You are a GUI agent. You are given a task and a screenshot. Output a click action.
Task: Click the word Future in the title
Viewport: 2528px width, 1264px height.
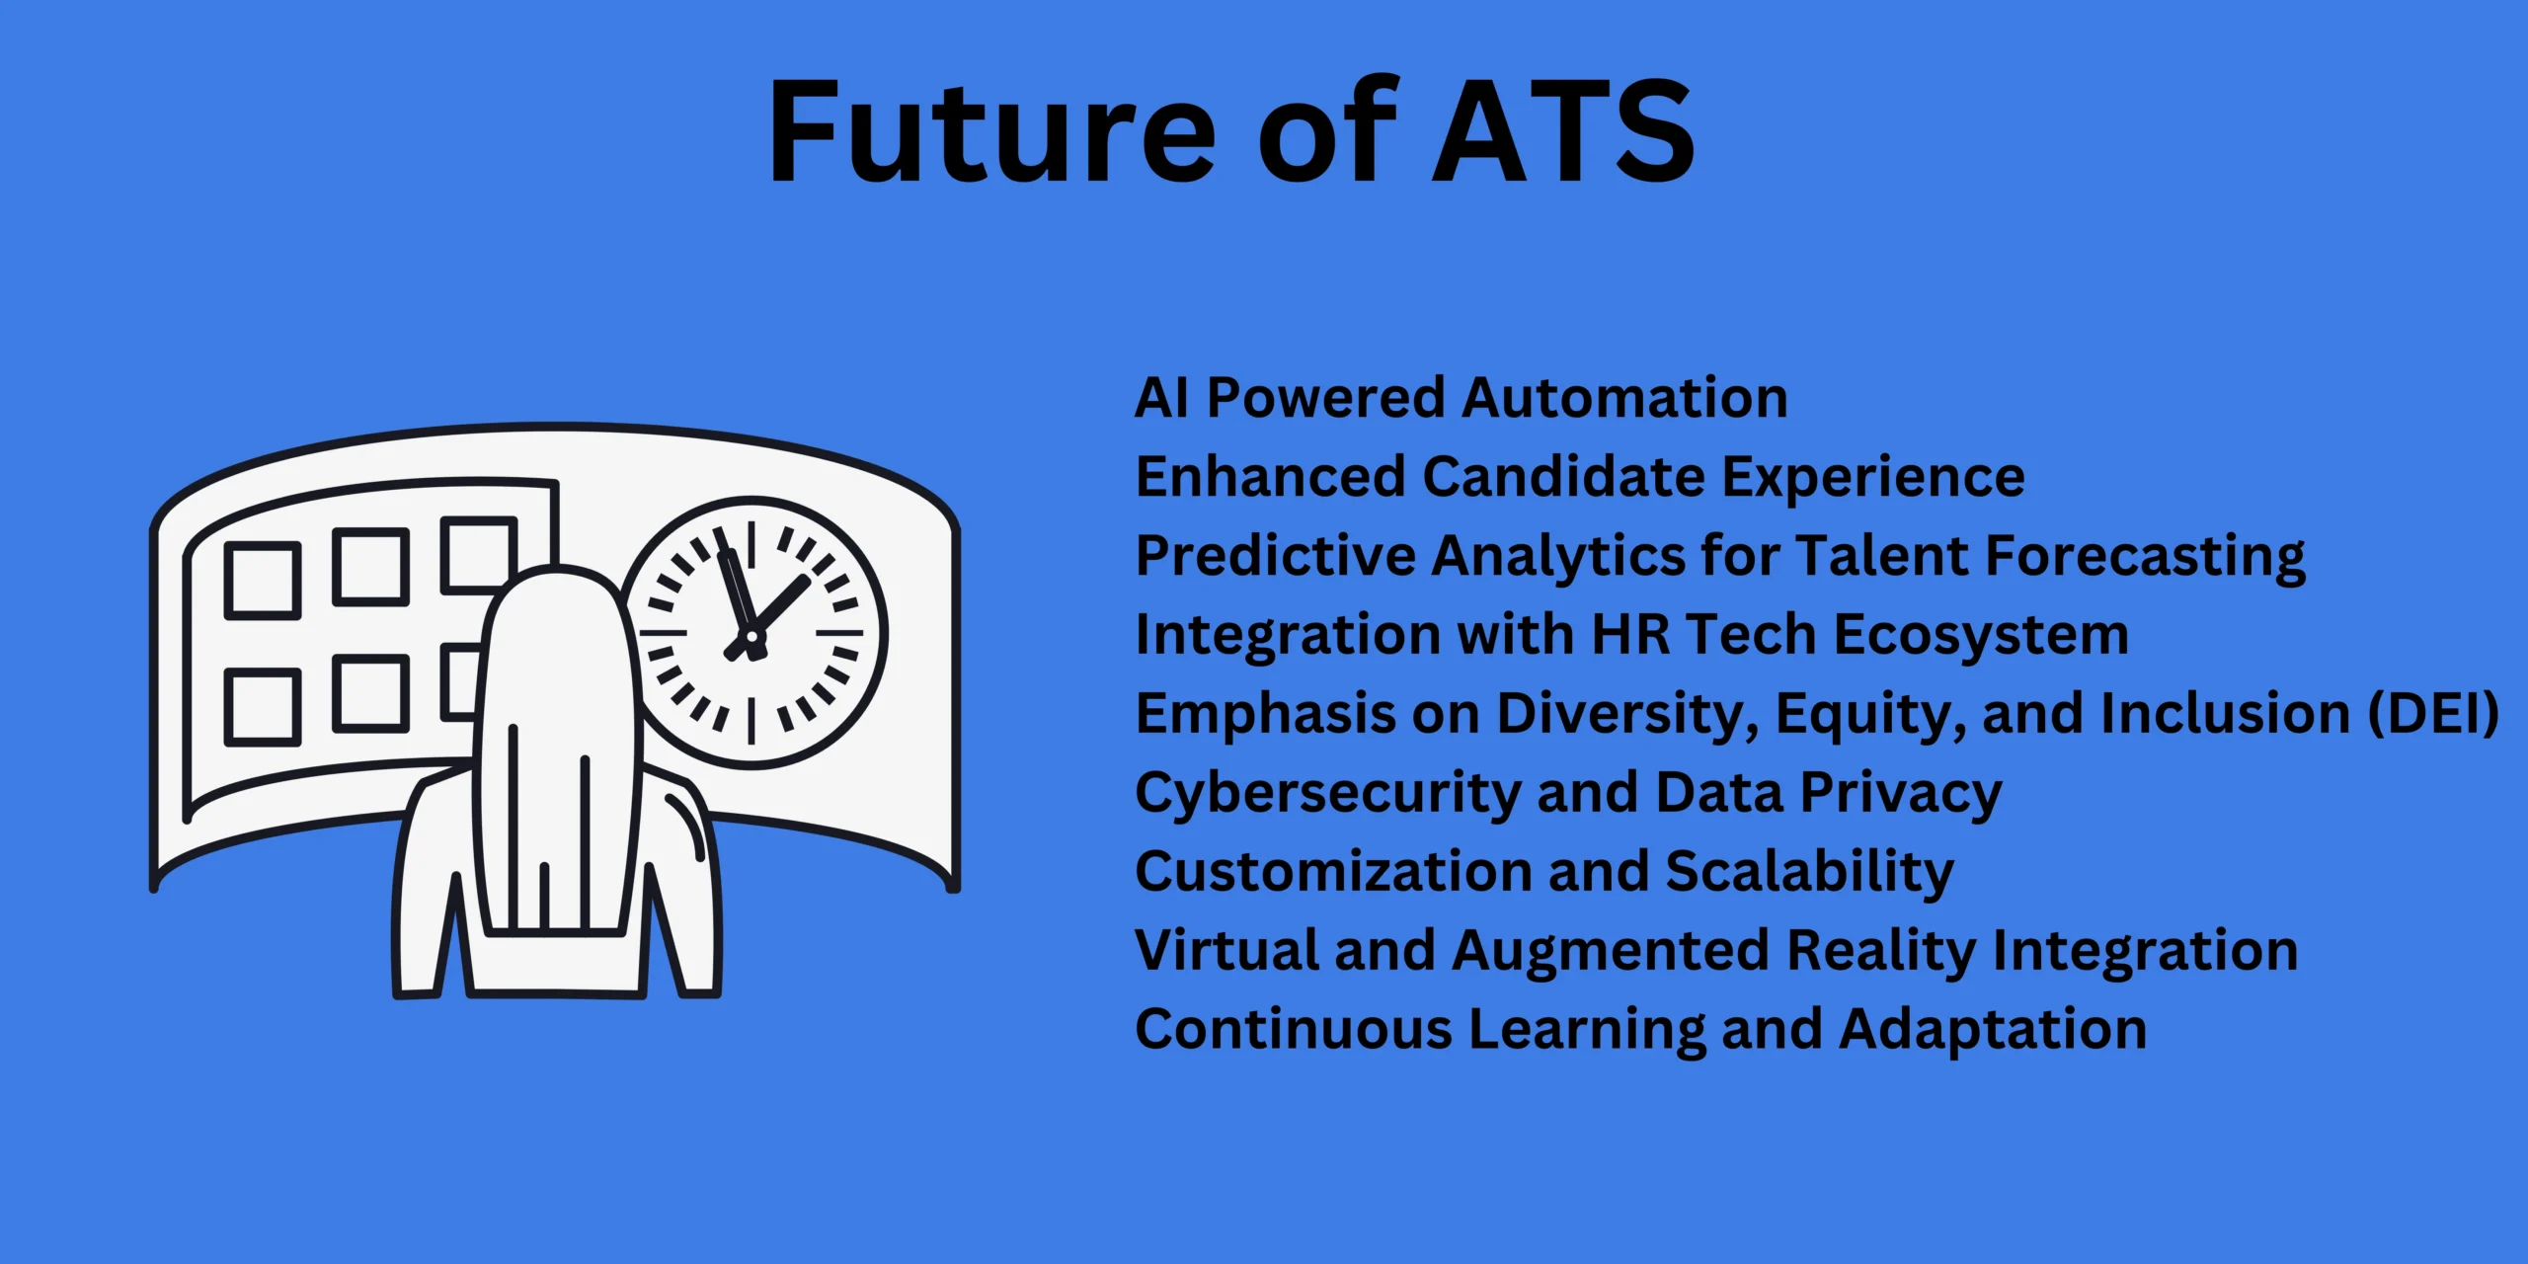(991, 131)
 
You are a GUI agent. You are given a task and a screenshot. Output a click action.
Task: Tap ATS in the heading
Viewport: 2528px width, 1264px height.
(1563, 131)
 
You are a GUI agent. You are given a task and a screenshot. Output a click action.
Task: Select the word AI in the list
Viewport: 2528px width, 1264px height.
(1161, 398)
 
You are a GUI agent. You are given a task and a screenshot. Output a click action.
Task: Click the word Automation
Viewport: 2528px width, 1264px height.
(1624, 398)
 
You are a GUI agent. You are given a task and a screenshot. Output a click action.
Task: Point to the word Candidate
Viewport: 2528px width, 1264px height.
(1564, 477)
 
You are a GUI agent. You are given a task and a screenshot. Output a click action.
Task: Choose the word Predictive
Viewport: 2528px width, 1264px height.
(1275, 556)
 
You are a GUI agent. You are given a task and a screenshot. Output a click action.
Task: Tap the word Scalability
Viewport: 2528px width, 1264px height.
(1809, 873)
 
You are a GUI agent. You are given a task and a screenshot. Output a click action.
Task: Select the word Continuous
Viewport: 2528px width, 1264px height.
(1294, 1029)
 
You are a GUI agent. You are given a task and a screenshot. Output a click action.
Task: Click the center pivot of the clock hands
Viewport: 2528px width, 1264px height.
(753, 640)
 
